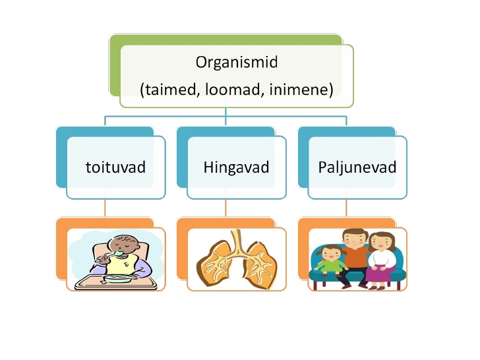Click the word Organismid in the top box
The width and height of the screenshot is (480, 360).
[237, 63]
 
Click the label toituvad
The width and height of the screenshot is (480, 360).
[115, 167]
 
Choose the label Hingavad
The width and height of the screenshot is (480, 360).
[236, 167]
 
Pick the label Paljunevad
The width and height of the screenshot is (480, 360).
[357, 167]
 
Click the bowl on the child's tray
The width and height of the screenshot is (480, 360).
[117, 278]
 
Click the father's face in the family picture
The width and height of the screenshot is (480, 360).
[355, 240]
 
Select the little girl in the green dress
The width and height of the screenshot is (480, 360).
[330, 260]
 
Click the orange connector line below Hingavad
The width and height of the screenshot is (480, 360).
[225, 208]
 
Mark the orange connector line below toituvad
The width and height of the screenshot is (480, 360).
[105, 208]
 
